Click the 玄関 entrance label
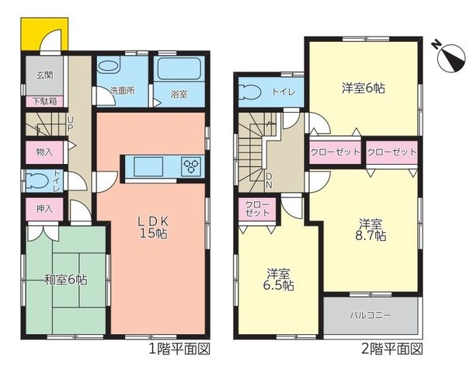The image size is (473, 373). point(45,75)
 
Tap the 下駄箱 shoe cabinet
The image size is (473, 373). point(44,101)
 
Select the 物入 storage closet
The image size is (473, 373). point(44,152)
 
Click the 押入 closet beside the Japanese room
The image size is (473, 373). point(44,209)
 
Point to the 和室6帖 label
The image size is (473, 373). point(66,280)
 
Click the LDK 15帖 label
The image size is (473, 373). point(153,228)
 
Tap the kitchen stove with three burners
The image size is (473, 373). point(192,166)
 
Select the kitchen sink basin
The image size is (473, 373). point(148,166)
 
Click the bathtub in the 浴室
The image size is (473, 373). point(179,69)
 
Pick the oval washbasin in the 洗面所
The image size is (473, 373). point(109,67)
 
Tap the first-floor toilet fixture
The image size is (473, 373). point(37,181)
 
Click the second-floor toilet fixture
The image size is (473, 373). point(250,92)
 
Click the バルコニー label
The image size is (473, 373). point(370,315)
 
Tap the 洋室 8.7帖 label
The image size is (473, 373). point(370,230)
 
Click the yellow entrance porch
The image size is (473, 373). point(44,34)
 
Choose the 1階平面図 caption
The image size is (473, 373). point(179,349)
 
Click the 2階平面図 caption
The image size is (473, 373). point(392,349)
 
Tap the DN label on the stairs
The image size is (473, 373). point(269,181)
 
